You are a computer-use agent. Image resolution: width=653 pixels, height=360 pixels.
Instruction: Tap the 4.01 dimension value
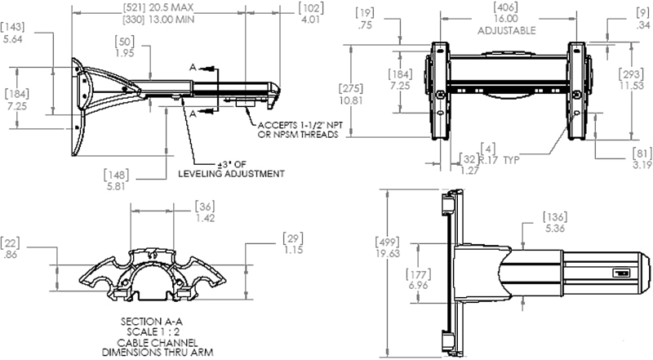tap(310, 20)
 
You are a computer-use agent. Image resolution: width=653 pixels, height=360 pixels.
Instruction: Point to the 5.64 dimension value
tap(12, 39)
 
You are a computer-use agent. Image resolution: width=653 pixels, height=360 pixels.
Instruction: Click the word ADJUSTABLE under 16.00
tap(506, 31)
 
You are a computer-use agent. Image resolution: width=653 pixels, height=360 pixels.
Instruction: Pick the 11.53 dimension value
tap(631, 86)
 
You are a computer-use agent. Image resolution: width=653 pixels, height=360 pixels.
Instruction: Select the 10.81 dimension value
tap(351, 100)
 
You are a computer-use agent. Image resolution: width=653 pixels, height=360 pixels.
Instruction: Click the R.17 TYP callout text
tap(499, 160)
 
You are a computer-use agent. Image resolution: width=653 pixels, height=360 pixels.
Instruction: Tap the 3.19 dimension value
tap(642, 165)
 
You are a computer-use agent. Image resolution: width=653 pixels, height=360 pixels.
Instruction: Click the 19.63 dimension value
tap(388, 253)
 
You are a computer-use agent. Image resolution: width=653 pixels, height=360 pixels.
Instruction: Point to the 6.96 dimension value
tap(418, 286)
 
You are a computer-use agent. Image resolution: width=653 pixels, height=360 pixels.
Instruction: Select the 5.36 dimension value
tap(555, 229)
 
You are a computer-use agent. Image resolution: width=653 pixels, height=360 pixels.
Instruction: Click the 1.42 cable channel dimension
tap(205, 218)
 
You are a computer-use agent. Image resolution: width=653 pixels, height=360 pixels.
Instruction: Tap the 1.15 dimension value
tap(293, 250)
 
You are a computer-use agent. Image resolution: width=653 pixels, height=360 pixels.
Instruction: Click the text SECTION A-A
tap(152, 322)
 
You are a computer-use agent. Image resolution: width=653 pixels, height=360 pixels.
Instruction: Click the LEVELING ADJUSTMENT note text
tap(232, 174)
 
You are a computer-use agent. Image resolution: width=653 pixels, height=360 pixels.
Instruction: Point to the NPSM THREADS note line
tap(298, 135)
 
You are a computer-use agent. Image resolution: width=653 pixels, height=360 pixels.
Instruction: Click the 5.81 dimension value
tap(116, 186)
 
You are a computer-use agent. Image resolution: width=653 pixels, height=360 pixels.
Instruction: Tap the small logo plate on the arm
tap(621, 273)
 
